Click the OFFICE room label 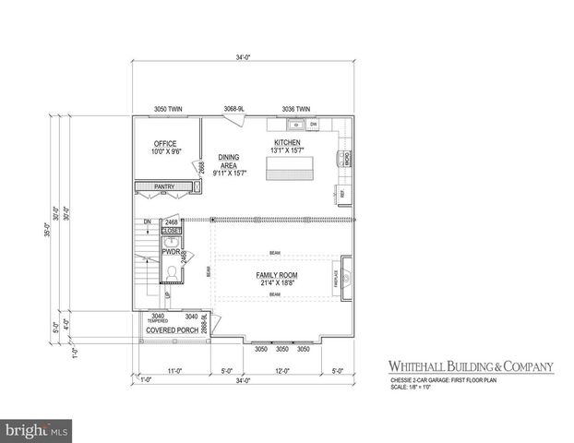[x=165, y=144]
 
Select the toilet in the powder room [x=171, y=272]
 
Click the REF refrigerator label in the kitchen [x=342, y=194]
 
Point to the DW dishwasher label [x=314, y=124]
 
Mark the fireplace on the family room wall [x=345, y=276]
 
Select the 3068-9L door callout [x=233, y=109]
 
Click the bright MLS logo [x=36, y=430]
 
